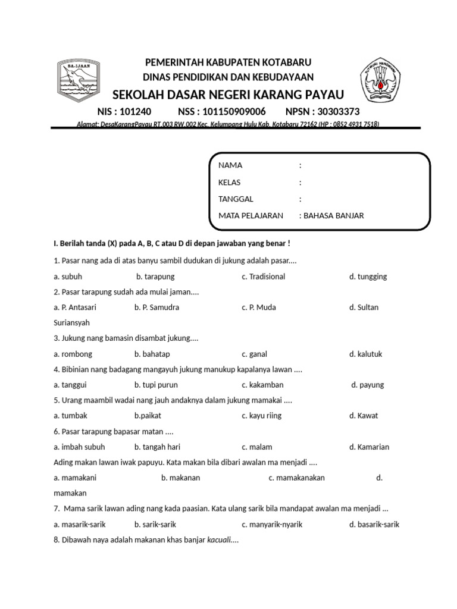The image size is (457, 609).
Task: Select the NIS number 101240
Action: [x=136, y=111]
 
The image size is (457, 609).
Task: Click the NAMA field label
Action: [x=230, y=165]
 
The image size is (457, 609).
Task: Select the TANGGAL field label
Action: [x=234, y=199]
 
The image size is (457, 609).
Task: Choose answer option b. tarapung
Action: [x=155, y=277]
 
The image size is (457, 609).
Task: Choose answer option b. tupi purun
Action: [x=156, y=385]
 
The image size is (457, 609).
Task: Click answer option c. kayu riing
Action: [x=262, y=416]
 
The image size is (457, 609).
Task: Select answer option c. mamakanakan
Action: [x=296, y=478]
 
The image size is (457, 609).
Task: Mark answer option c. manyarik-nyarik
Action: [x=272, y=524]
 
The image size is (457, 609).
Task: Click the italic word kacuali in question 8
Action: [x=218, y=541]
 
